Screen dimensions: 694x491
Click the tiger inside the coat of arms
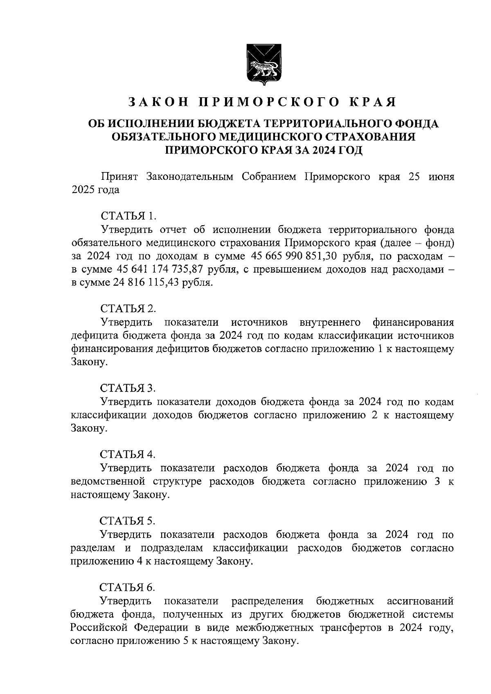pyautogui.click(x=262, y=68)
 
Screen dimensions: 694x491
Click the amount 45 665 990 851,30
pyautogui.click(x=292, y=256)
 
